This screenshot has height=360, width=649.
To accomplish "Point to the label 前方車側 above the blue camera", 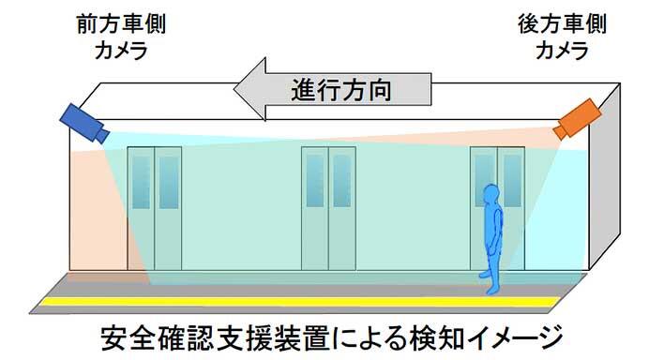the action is (120, 22).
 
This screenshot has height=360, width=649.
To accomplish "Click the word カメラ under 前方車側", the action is (120, 52).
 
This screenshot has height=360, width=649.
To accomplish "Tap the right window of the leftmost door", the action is (168, 182).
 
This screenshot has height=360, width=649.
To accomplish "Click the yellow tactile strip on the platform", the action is (309, 303).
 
